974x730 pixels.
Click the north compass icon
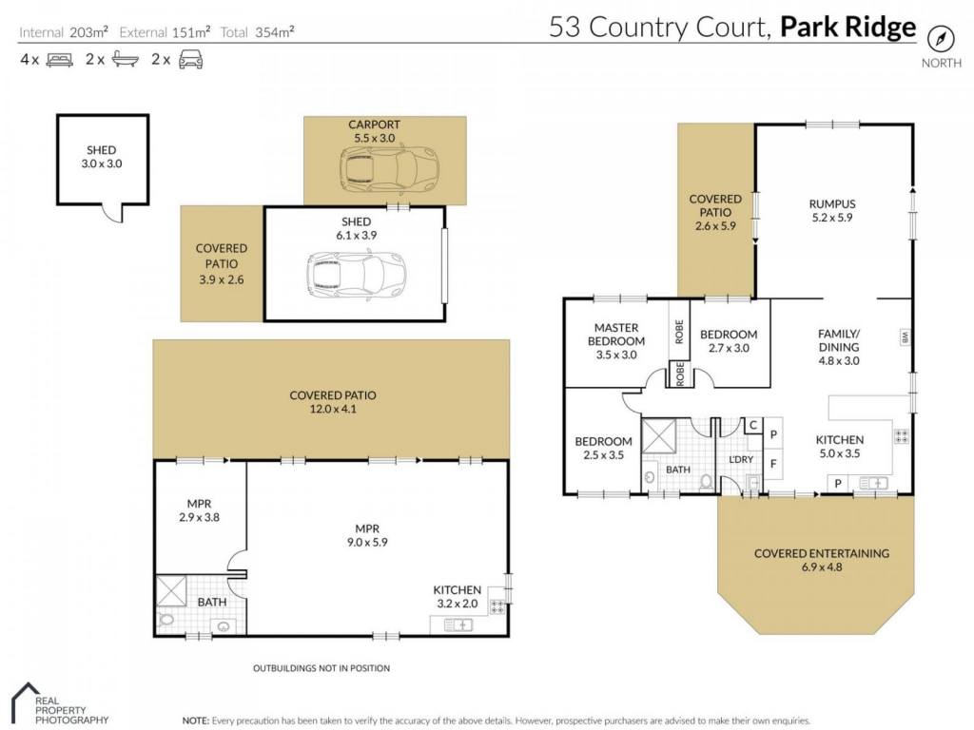[941, 39]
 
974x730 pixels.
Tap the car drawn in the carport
[389, 169]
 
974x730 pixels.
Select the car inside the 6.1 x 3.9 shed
[357, 274]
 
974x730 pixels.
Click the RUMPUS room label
[831, 203]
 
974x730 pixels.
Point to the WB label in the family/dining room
[905, 337]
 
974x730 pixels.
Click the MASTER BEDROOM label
[616, 334]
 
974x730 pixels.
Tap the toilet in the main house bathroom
[707, 481]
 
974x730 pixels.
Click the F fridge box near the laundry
[773, 463]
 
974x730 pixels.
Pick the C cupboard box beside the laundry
[753, 425]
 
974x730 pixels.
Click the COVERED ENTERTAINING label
[821, 553]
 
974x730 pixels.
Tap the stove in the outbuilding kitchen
[497, 605]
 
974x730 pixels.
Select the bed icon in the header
[60, 60]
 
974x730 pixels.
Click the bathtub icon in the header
[126, 59]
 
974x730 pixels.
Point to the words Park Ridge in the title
[847, 28]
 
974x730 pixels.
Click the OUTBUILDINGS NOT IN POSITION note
[321, 668]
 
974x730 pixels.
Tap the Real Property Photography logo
[61, 704]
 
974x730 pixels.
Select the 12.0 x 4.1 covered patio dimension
[333, 409]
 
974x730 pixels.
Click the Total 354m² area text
[257, 32]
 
